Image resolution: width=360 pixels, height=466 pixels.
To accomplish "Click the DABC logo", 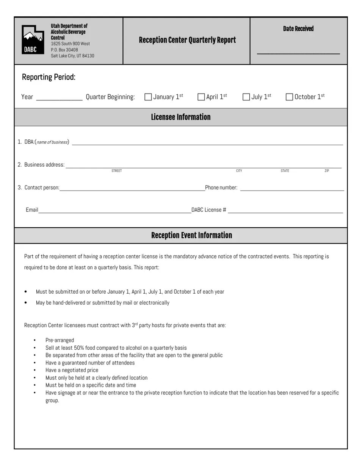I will (x=33, y=40).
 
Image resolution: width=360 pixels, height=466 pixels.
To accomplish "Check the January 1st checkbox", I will (x=148, y=97).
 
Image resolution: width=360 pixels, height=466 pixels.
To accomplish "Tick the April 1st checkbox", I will (x=201, y=97).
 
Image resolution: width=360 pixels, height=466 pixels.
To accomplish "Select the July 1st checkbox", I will (x=246, y=97).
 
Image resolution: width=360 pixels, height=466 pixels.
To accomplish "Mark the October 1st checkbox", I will (x=290, y=97).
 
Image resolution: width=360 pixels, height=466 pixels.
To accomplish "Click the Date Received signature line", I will (x=298, y=53).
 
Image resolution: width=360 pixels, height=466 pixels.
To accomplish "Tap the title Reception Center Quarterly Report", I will (x=187, y=40).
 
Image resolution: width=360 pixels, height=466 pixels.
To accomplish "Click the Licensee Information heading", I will (x=181, y=117).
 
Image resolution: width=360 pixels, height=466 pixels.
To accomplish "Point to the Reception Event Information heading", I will (x=191, y=235).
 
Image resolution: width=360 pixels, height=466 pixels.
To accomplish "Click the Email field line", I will (x=114, y=211).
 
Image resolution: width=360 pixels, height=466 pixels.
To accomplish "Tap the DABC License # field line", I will (x=285, y=211).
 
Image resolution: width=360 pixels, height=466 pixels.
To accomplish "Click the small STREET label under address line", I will (x=117, y=171).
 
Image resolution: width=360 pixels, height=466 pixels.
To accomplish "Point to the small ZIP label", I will (x=327, y=171).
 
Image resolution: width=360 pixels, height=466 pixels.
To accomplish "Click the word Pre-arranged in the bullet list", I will (x=59, y=340).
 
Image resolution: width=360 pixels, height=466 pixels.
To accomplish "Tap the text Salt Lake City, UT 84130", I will (x=72, y=56).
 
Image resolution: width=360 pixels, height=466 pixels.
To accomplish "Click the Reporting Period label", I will (x=49, y=77).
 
